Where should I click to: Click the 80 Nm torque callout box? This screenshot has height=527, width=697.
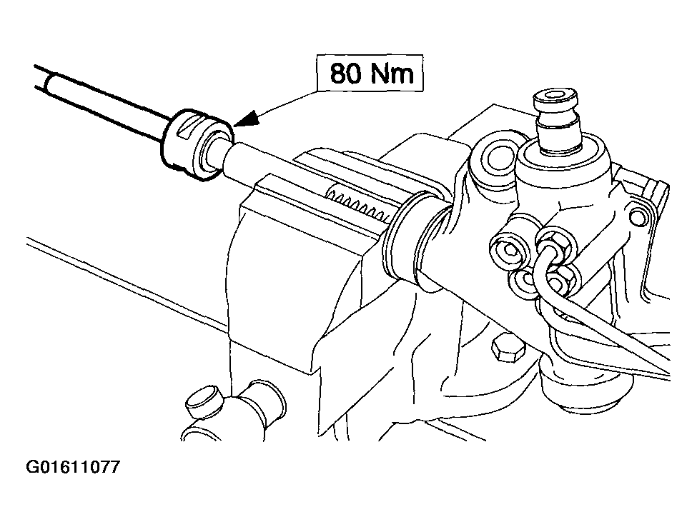coord(370,74)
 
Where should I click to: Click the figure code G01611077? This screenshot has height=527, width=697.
coord(73,467)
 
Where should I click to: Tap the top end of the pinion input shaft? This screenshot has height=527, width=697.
coord(557,98)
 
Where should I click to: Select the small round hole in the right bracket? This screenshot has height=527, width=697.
coord(638,217)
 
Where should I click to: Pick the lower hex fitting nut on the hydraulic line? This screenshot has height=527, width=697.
coord(559,280)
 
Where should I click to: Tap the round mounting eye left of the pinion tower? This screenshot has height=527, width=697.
coord(495,156)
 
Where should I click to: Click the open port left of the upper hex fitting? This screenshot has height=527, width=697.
coord(510,251)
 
